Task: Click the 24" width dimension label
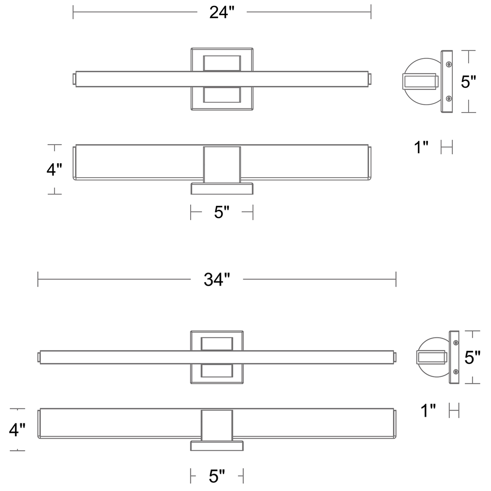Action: pyautogui.click(x=222, y=12)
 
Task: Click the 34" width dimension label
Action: pyautogui.click(x=217, y=279)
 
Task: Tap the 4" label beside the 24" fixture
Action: pyautogui.click(x=54, y=169)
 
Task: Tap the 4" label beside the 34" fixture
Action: pyautogui.click(x=17, y=430)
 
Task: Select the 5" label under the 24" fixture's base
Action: pyautogui.click(x=222, y=212)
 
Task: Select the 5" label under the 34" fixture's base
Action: pyautogui.click(x=217, y=476)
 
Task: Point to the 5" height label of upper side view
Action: pyautogui.click(x=468, y=81)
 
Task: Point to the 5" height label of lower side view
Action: pyautogui.click(x=473, y=357)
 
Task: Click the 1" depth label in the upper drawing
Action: pyautogui.click(x=421, y=147)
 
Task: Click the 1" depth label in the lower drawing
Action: pyautogui.click(x=428, y=410)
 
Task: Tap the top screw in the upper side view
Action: pyautogui.click(x=449, y=64)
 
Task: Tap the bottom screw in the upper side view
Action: pyautogui.click(x=449, y=98)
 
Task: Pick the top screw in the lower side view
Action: pyautogui.click(x=456, y=343)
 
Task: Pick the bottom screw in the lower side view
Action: pyautogui.click(x=456, y=372)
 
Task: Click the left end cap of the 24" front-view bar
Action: pyautogui.click(x=74, y=79)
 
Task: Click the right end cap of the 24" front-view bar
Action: pyautogui.click(x=370, y=79)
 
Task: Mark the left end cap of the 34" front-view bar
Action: pyautogui.click(x=39, y=357)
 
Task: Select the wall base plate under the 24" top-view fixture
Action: pyautogui.click(x=222, y=189)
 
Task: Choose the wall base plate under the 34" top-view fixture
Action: pyautogui.click(x=217, y=446)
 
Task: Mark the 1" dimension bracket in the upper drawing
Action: pyautogui.click(x=447, y=147)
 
